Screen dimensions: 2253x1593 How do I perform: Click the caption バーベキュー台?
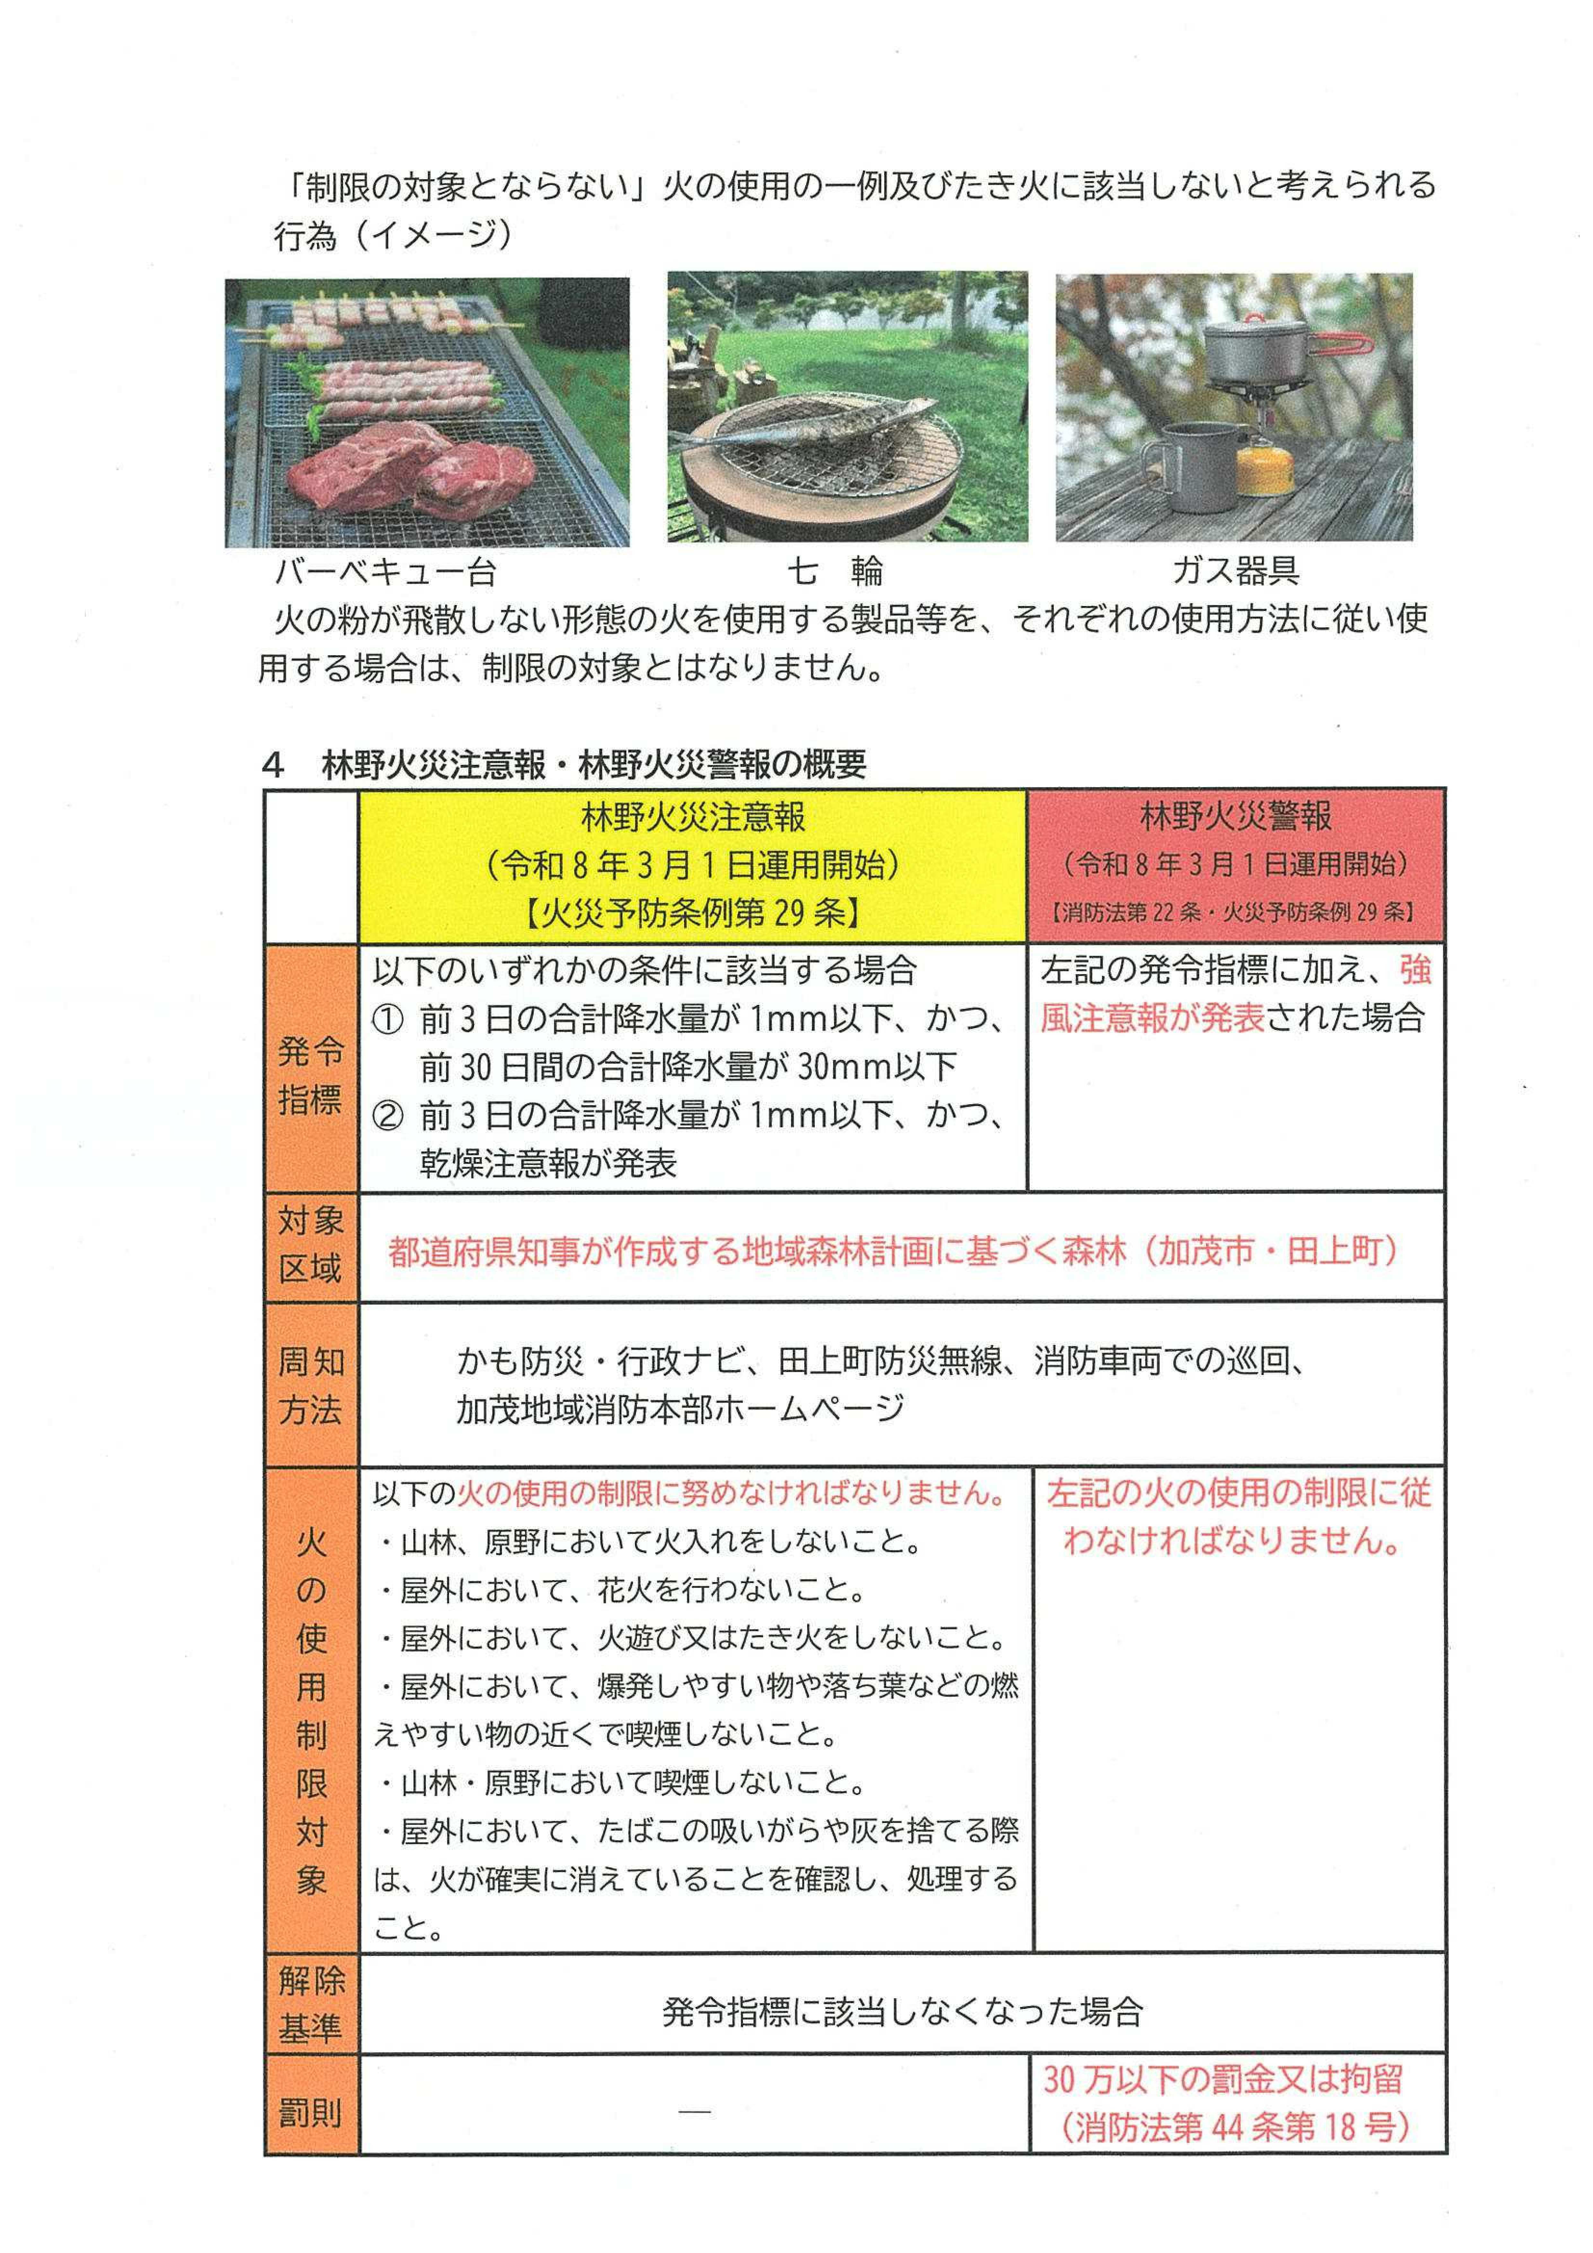pos(385,572)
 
